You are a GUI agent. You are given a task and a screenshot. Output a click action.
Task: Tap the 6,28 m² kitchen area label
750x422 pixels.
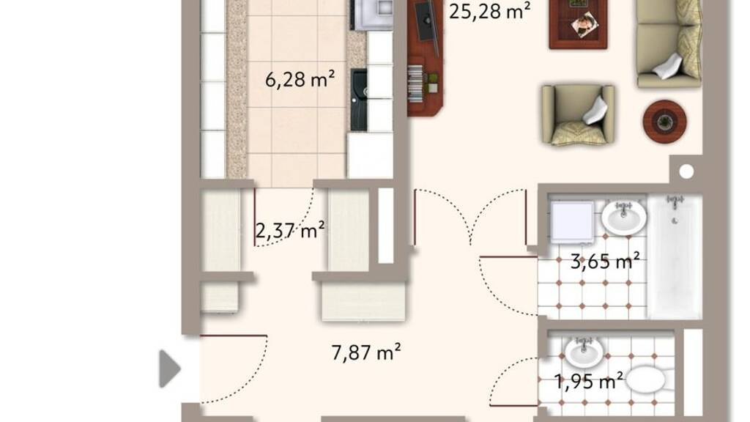(300, 79)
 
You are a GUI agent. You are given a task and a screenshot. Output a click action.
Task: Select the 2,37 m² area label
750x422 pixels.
(290, 230)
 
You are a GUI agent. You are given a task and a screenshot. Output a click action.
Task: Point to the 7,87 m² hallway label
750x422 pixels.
(366, 352)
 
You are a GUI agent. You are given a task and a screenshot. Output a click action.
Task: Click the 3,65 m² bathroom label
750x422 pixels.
(605, 262)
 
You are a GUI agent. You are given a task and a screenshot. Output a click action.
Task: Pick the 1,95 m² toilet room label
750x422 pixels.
(589, 381)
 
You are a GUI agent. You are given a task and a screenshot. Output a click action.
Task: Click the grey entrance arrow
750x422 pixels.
(170, 369)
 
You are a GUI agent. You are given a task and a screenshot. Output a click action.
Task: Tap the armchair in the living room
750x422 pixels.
(578, 115)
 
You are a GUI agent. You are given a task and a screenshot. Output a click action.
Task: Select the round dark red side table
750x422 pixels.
(664, 122)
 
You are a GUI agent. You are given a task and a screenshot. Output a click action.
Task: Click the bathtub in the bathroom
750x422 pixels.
(675, 256)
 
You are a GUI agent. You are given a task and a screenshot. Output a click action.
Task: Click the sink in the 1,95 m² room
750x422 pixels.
(584, 352)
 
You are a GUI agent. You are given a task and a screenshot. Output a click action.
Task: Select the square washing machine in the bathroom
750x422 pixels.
(572, 221)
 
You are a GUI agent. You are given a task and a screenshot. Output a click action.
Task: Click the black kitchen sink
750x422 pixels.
(359, 100)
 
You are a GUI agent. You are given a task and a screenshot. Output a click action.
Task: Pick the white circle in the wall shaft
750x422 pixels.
(686, 171)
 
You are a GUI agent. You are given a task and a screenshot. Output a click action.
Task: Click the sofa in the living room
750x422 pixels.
(669, 44)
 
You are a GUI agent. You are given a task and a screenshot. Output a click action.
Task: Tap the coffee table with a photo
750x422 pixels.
(579, 24)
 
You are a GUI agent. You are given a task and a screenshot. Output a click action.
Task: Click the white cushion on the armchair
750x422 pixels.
(595, 112)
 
